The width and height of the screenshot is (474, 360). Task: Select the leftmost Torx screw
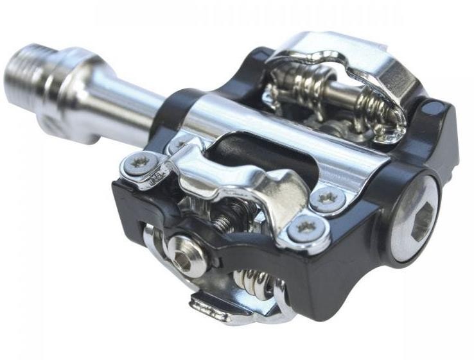point(138,164)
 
